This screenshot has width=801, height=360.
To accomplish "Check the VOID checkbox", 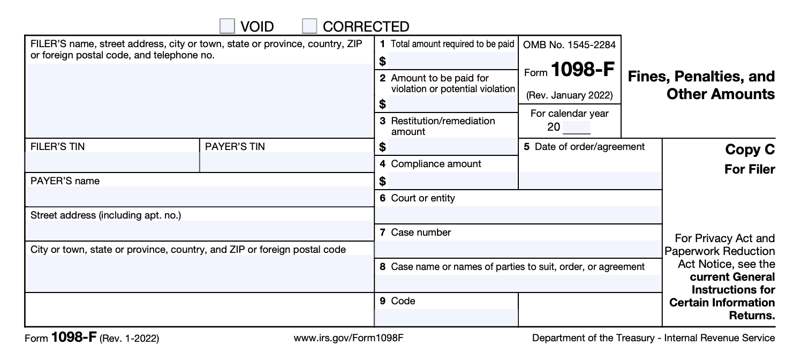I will (x=228, y=26).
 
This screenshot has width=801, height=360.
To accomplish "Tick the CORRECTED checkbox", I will (x=309, y=26).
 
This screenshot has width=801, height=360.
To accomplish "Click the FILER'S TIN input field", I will (x=112, y=162).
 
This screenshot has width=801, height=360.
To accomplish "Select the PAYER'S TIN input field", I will (x=286, y=162).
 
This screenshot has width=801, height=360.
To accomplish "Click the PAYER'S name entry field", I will (x=199, y=197).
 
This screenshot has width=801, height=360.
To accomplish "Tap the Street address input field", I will (x=199, y=230).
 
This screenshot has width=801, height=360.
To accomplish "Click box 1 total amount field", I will (x=452, y=61).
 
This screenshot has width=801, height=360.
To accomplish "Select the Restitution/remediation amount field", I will (x=452, y=146).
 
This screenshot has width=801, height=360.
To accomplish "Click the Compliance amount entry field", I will (x=452, y=181).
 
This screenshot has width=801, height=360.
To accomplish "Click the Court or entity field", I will (x=518, y=214).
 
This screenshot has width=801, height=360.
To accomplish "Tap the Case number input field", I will (x=518, y=249).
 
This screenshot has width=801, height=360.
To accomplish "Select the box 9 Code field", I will (x=446, y=317).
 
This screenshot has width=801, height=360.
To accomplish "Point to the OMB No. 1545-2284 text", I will (x=569, y=45).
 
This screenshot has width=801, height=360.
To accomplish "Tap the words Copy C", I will (x=750, y=150).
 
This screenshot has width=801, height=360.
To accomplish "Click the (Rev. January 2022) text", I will (x=569, y=96).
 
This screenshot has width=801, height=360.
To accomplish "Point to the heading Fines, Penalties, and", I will (x=701, y=77).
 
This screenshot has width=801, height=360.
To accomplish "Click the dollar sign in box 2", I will (x=383, y=103).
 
